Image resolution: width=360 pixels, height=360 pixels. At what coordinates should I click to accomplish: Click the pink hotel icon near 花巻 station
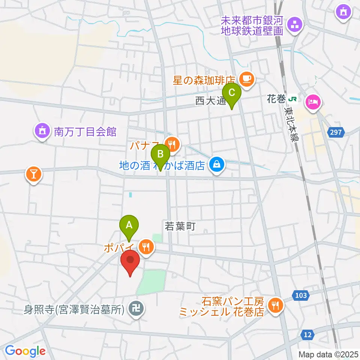[x=312, y=101]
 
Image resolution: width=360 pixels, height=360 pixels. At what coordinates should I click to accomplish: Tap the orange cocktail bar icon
[x=33, y=174]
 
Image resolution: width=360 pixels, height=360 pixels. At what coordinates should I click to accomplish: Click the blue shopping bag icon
[x=216, y=164]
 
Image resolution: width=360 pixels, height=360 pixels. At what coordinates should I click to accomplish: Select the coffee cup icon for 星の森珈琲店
[x=246, y=79]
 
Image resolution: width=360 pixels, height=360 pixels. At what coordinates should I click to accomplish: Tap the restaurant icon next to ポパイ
[x=145, y=247]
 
